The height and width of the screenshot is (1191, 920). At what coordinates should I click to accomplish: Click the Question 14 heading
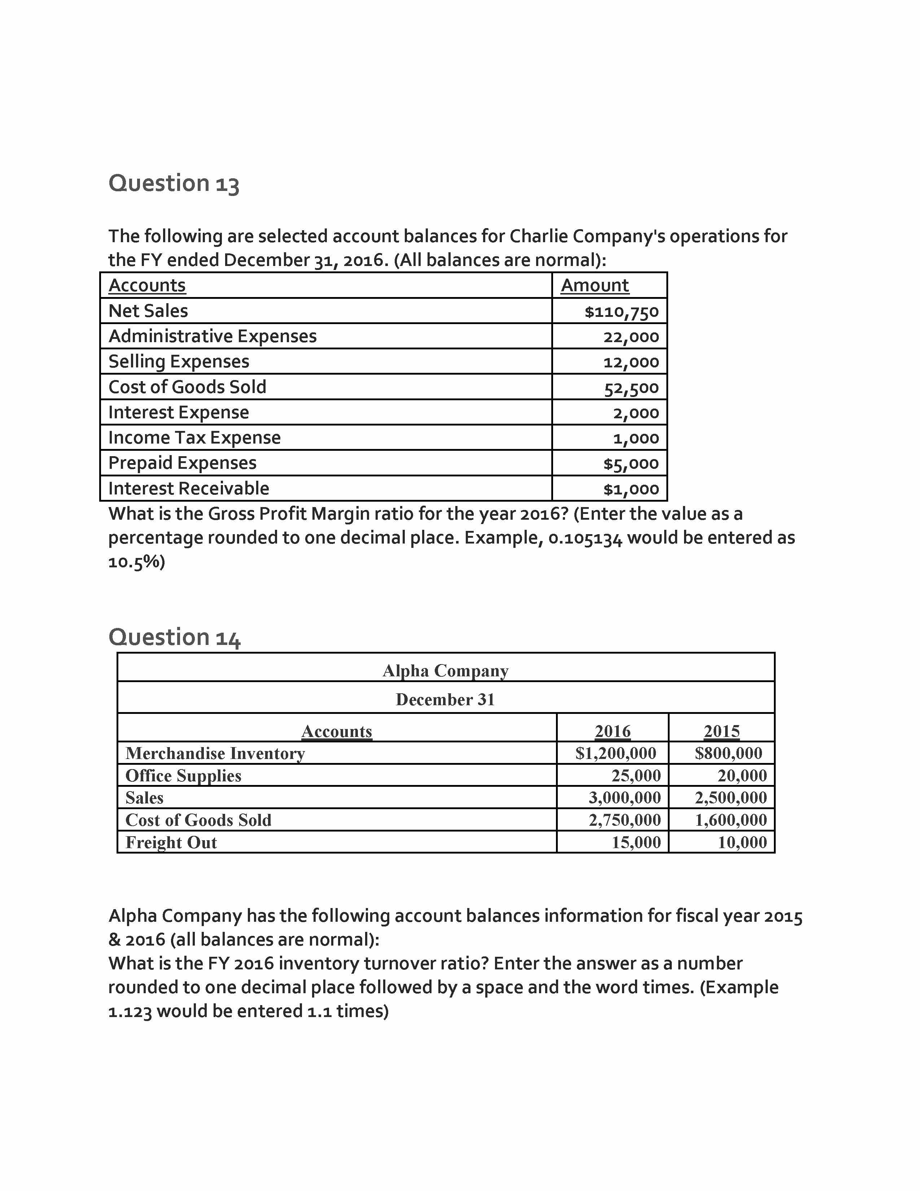[174, 637]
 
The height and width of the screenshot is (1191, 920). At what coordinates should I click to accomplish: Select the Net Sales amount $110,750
[621, 311]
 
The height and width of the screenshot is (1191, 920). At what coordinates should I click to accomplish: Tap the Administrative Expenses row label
[213, 336]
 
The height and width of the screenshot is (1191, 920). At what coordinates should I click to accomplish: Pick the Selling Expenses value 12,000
[631, 362]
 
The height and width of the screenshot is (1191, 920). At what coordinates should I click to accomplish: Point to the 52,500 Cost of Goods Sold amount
[631, 388]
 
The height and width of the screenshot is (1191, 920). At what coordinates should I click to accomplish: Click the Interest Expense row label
[179, 412]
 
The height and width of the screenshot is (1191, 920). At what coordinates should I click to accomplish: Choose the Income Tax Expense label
[194, 437]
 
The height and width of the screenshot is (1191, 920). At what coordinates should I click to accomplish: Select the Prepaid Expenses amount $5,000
[631, 463]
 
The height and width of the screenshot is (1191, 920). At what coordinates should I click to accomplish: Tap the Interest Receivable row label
[189, 488]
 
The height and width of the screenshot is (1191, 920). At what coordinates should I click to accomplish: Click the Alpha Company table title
[445, 670]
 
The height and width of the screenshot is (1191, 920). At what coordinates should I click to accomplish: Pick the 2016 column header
[613, 731]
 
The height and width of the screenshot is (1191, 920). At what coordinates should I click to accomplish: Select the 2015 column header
[722, 731]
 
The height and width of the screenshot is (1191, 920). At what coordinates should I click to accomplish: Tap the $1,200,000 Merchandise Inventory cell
[616, 753]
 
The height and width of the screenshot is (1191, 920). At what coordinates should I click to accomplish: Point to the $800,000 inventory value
[728, 753]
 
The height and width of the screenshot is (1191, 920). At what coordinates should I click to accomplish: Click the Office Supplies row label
[183, 776]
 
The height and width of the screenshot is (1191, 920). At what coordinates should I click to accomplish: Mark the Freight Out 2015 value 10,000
[742, 842]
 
